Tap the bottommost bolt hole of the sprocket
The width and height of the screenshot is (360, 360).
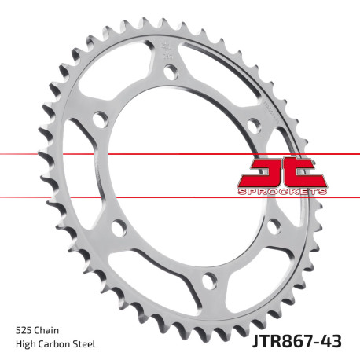point(208,278)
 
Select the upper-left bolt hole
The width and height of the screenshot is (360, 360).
point(100,120)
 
